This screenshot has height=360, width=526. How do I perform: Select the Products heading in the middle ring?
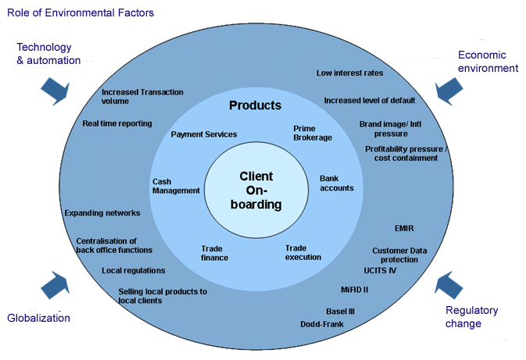point(255,105)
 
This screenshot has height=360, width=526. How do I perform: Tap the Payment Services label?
point(204,134)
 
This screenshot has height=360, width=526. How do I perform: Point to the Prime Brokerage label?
point(313,133)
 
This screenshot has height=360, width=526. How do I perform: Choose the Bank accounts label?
point(337,183)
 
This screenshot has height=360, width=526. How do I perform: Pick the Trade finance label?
point(214,253)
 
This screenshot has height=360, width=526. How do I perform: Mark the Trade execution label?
point(303,251)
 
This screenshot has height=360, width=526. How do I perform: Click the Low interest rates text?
point(349,73)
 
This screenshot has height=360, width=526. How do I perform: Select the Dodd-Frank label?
point(322,324)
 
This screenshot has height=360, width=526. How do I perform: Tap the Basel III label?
point(340,311)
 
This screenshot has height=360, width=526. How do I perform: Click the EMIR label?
point(404,228)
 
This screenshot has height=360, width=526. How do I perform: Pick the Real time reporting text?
point(117,123)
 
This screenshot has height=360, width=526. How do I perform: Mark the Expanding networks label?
point(102,212)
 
